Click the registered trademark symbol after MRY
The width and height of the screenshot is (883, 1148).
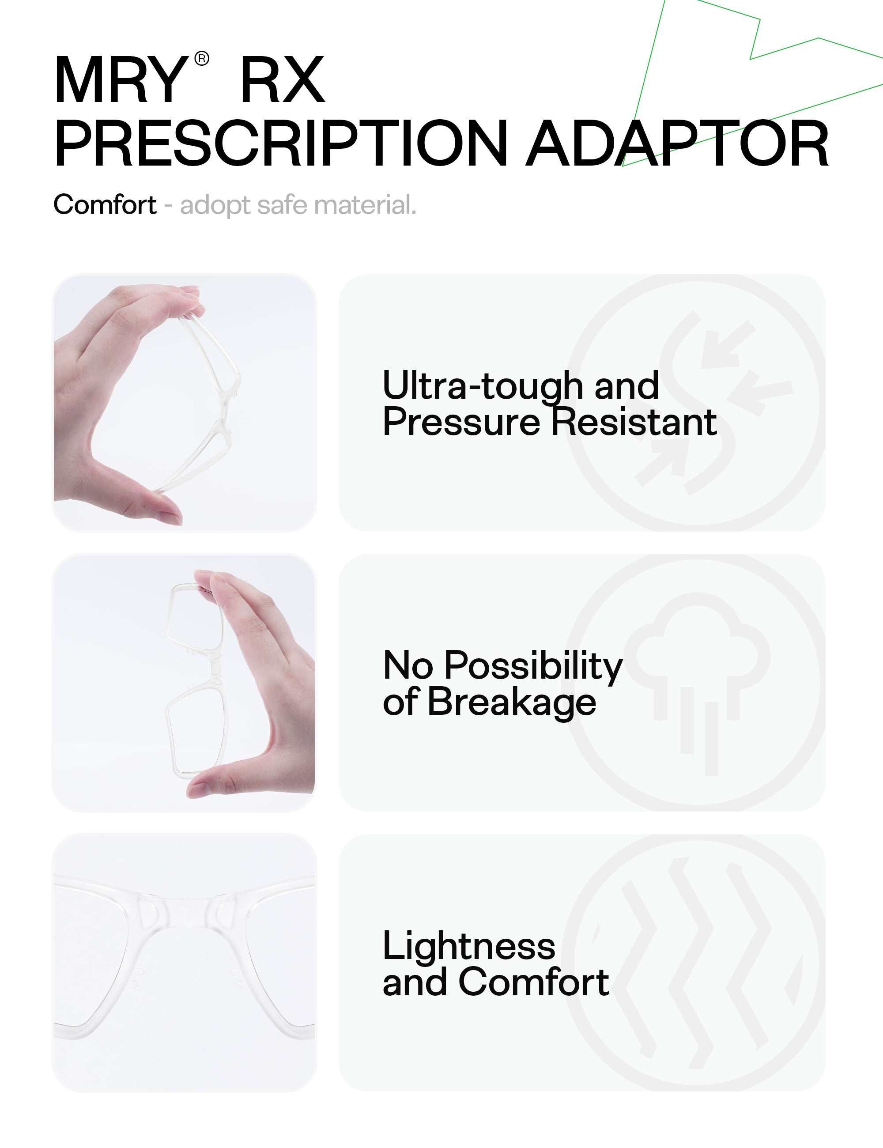click(x=202, y=58)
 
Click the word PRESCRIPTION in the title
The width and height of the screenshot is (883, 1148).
click(x=281, y=143)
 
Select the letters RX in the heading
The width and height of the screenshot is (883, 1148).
click(x=283, y=80)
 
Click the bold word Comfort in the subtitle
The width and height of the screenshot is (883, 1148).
click(x=105, y=204)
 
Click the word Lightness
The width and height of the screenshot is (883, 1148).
click(x=469, y=946)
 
